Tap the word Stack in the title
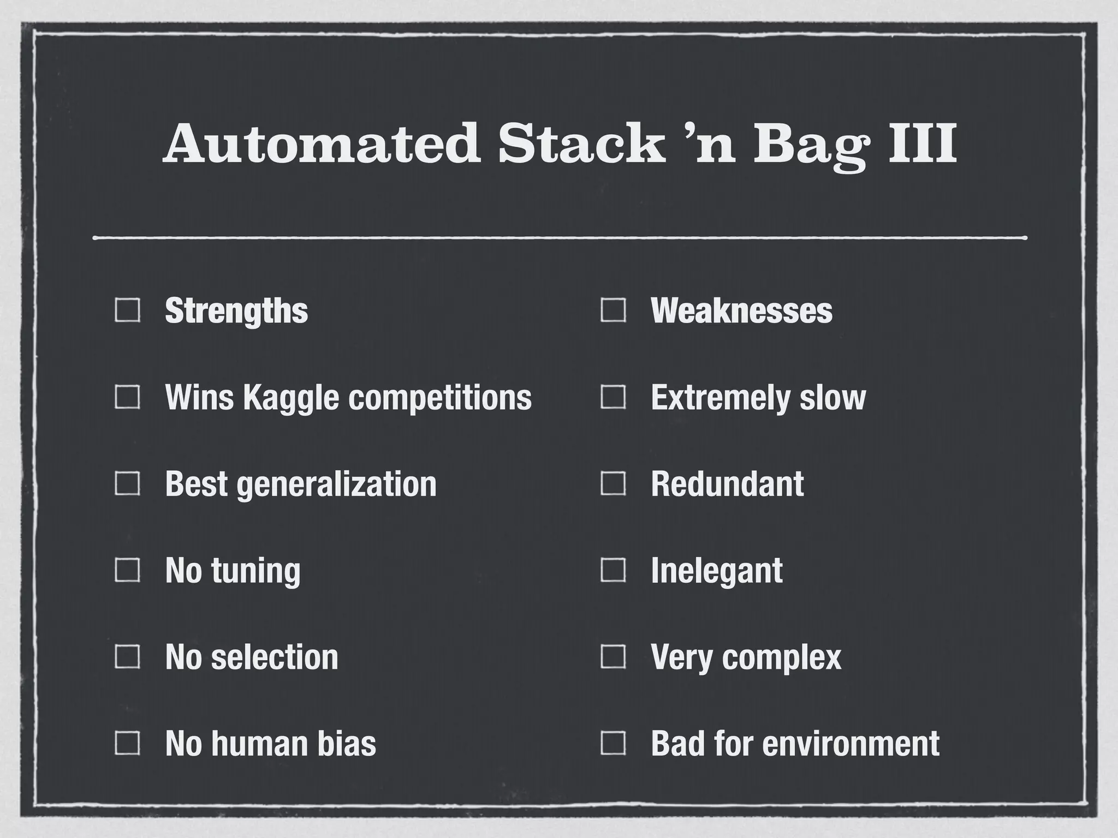tap(581, 143)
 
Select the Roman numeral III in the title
tap(922, 143)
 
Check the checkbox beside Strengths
tap(127, 310)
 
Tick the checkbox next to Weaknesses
tap(613, 310)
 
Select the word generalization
tap(336, 484)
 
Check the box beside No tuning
tap(127, 571)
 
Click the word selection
tap(275, 657)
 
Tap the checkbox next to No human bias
tap(127, 743)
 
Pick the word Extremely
tap(720, 398)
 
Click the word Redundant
tap(727, 484)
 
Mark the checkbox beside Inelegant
tap(613, 571)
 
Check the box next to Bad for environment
tap(613, 743)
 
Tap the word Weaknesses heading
tap(741, 310)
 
